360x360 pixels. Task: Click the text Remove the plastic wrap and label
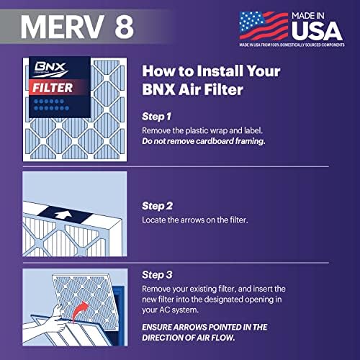click(x=211, y=130)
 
